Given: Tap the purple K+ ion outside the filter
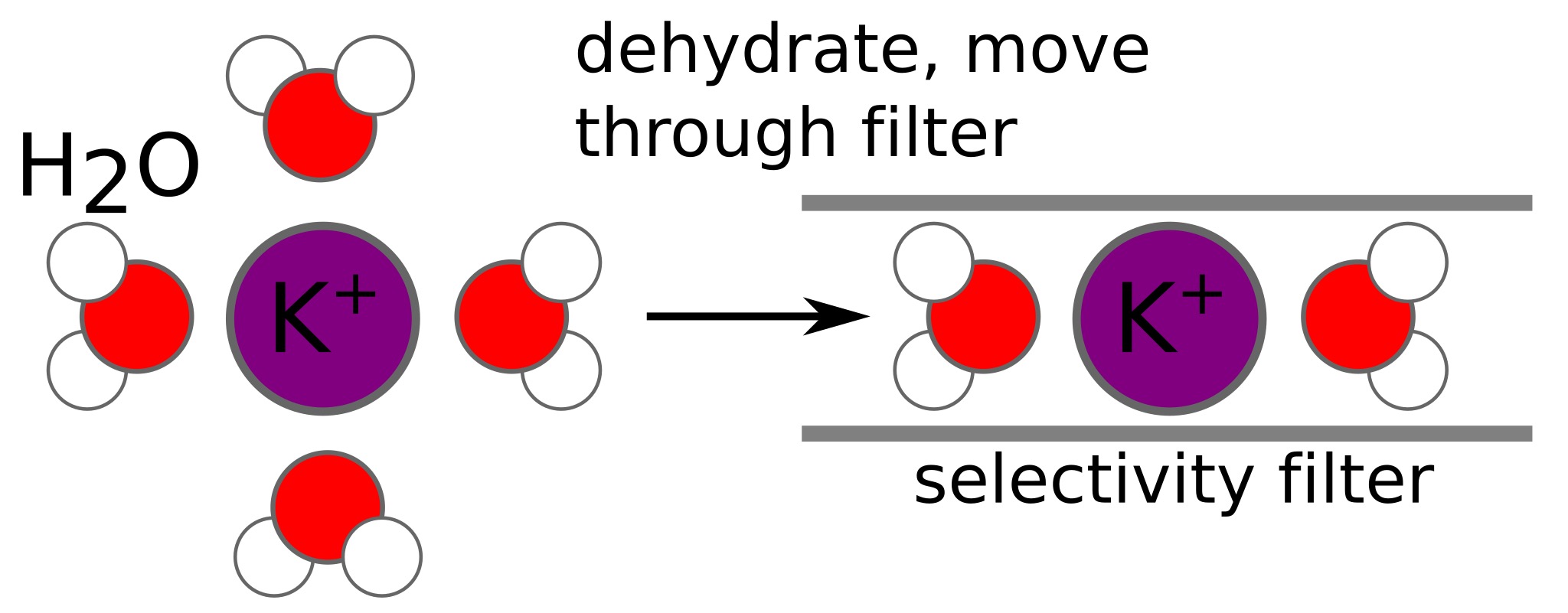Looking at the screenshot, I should [322, 318].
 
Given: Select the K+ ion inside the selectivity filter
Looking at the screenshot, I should [1168, 318].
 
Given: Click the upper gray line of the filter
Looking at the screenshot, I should [1166, 203].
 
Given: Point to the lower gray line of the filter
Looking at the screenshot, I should [1166, 433].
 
